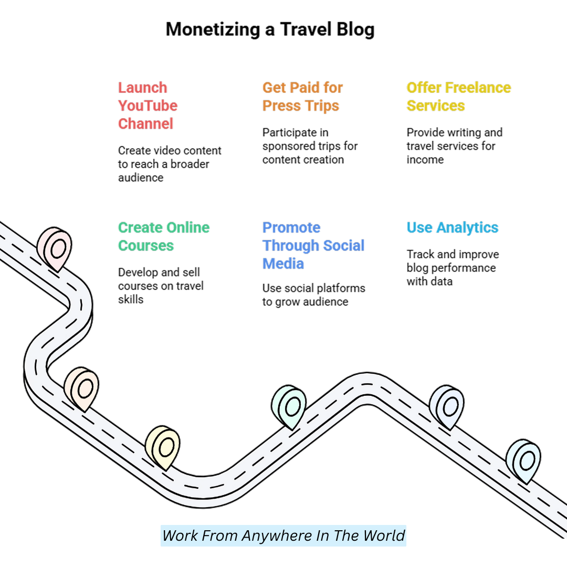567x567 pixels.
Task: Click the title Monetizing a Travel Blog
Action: click(270, 29)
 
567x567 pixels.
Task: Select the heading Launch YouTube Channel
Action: click(148, 106)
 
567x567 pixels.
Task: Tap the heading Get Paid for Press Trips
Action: click(302, 97)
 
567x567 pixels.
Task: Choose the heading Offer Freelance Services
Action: click(458, 97)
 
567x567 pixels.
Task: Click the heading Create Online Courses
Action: click(163, 236)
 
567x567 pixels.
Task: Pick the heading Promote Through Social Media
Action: click(313, 245)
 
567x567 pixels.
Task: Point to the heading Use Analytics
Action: click(452, 227)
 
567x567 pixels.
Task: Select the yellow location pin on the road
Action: click(163, 447)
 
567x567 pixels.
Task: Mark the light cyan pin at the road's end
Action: click(524, 460)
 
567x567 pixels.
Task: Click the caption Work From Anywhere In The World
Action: click(283, 535)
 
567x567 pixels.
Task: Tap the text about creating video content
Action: click(169, 164)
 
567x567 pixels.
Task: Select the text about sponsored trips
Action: click(310, 146)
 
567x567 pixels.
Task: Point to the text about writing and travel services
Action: click(454, 146)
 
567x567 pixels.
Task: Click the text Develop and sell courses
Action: click(160, 286)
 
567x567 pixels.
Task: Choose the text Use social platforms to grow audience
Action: click(313, 295)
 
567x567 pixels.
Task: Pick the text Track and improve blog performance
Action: click(453, 268)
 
